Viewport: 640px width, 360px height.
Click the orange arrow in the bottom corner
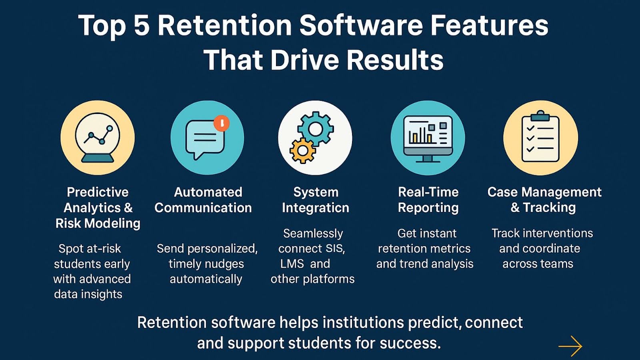click(570, 346)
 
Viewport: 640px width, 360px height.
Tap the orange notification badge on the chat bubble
click(222, 123)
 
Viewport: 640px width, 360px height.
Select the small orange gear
click(302, 150)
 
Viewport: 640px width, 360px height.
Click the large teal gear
click(316, 129)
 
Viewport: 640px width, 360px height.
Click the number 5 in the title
click(141, 26)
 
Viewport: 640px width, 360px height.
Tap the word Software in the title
click(361, 26)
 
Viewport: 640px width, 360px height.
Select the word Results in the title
click(395, 60)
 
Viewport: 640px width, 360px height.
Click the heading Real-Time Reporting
click(428, 200)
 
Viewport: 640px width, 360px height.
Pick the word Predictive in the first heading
click(98, 192)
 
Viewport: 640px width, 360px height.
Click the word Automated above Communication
click(208, 192)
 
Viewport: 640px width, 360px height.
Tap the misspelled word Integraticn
click(315, 208)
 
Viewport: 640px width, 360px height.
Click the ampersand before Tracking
click(515, 208)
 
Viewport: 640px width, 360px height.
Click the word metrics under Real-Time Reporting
click(452, 248)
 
